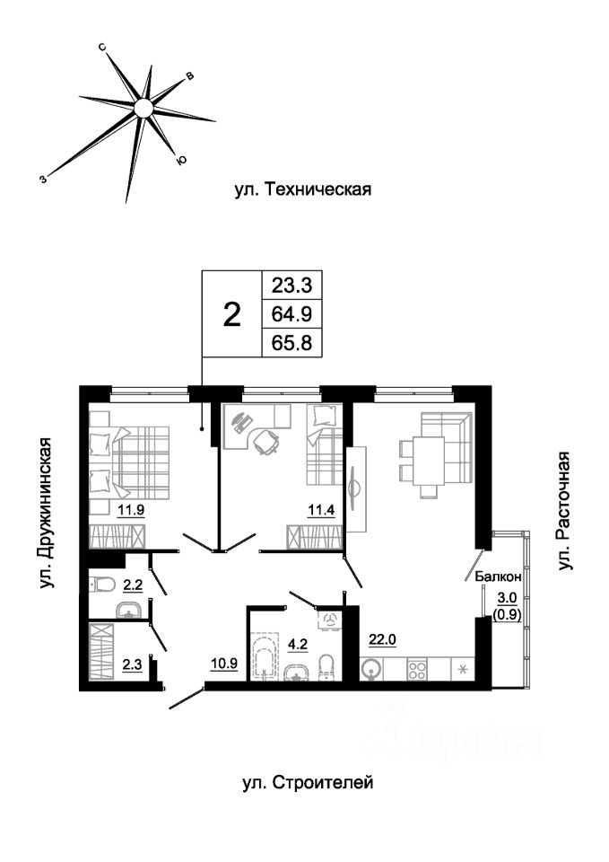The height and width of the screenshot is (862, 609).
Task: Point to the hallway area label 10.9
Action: coord(224,664)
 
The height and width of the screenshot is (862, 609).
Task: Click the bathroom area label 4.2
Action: coord(298,643)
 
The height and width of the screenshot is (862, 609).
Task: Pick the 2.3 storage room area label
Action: coord(132,665)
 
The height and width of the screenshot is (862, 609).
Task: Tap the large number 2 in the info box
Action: coord(233,315)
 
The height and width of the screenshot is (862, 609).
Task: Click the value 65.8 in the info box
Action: coord(291,343)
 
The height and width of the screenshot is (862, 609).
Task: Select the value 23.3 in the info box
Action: coord(291,286)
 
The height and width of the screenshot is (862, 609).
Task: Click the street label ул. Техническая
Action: coord(303,189)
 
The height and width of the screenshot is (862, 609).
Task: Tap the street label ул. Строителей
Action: coord(308,782)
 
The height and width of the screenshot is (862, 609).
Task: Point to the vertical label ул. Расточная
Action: coord(564,511)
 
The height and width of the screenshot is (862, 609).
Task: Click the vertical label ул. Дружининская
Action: coord(48,513)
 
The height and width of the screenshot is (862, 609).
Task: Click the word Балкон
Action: coord(498,576)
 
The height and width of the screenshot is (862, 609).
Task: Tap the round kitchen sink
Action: coord(371,670)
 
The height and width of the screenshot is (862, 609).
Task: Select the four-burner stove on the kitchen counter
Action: coord(417,669)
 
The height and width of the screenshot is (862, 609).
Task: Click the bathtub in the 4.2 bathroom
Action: coord(265,657)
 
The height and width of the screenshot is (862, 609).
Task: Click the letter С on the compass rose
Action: coord(102,48)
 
